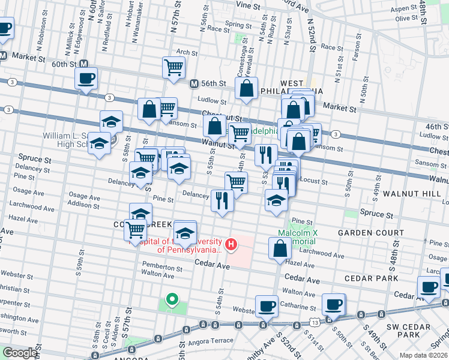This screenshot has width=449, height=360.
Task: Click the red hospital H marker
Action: click(x=231, y=244)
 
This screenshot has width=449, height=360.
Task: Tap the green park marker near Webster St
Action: click(x=172, y=299)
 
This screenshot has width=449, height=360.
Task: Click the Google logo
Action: click(x=19, y=353)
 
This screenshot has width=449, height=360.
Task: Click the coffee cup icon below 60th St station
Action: click(x=86, y=78)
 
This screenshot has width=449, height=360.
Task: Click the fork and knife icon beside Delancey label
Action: click(x=222, y=200)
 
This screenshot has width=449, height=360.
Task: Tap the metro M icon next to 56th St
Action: click(x=194, y=83)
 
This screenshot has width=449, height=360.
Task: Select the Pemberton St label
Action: click(x=158, y=265)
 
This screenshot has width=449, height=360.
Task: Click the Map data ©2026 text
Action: click(x=423, y=355)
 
